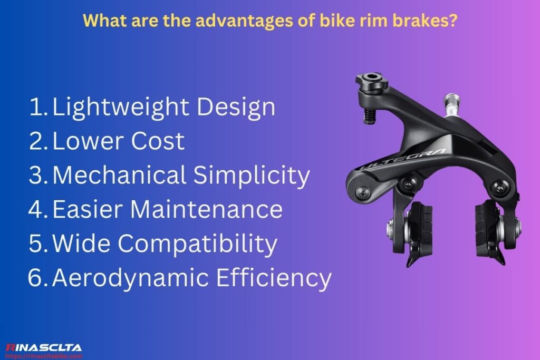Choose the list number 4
pos(38,209)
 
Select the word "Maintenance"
pos(206,209)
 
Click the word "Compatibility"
pos(197,244)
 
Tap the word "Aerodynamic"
pos(129,278)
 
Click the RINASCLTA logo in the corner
pos(43,347)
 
